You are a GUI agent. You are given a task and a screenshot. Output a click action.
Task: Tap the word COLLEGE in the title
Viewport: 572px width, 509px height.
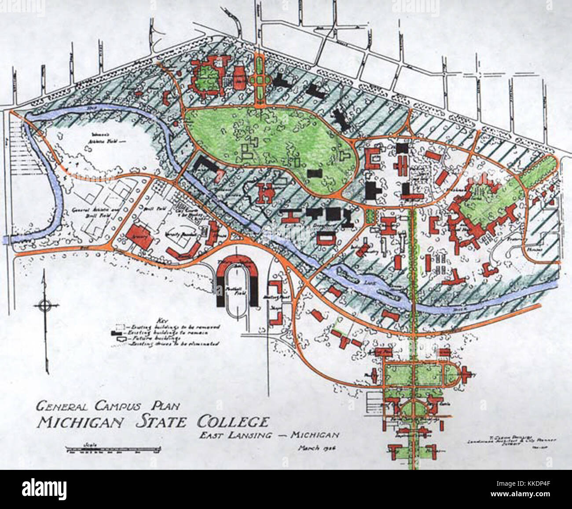point(231,422)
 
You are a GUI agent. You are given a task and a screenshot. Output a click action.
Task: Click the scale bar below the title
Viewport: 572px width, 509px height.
point(114,450)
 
